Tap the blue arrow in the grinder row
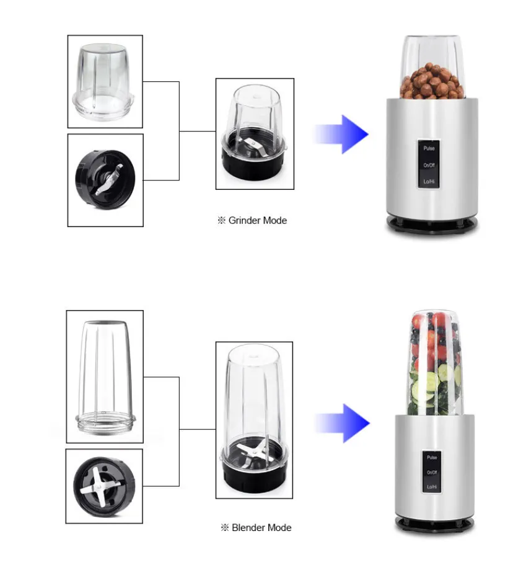point(341,134)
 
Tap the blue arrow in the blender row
point(343,423)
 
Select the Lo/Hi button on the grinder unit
point(429,182)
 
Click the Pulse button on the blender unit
point(432,457)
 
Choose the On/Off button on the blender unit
point(432,472)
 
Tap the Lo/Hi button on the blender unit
point(432,487)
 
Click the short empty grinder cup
point(103,81)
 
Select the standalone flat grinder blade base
point(105,179)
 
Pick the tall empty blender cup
point(105,377)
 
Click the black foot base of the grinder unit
point(432,225)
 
